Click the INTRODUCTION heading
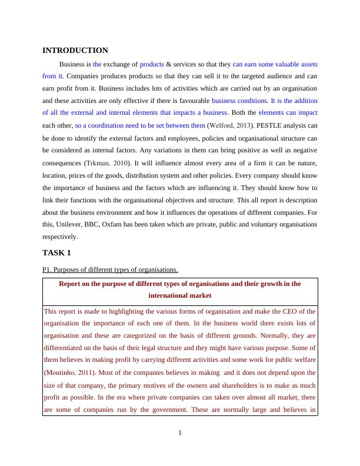(75, 51)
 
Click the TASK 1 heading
(56, 252)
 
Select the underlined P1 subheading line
(110, 269)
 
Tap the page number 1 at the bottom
(180, 434)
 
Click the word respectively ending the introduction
(60, 237)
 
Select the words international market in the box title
(180, 296)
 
